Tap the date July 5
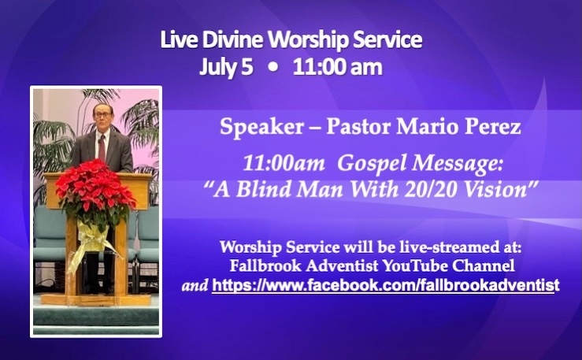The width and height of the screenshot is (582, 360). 226,67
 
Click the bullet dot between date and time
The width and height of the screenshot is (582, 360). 273,68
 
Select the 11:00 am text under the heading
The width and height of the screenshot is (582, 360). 337,68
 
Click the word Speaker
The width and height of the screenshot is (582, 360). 261,128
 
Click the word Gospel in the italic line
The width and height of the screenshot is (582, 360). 372,164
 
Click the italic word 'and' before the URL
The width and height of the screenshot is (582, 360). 195,285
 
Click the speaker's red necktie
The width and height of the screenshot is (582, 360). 102,148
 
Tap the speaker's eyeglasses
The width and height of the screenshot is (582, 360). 102,115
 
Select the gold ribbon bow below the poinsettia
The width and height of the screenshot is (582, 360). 91,241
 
